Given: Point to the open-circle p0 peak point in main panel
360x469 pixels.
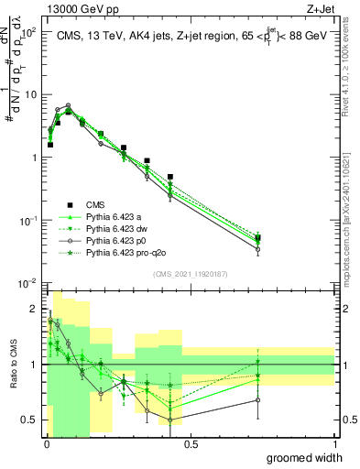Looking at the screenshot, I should [x=68, y=106].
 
